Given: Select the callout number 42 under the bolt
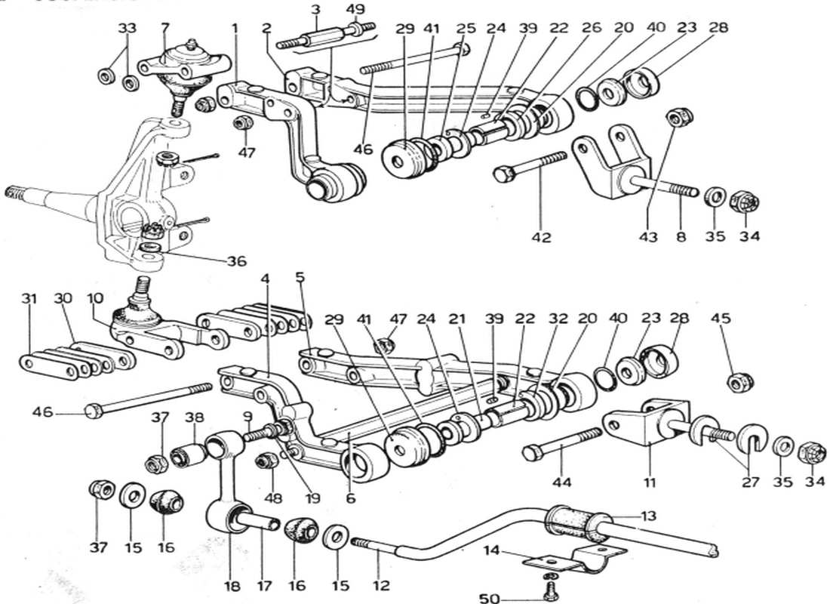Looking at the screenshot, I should point(541,237).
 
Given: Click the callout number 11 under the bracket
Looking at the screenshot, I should point(650,481).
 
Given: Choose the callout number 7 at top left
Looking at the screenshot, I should point(164,29).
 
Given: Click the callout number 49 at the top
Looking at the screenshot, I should point(355,9).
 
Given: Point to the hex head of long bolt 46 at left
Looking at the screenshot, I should point(91,411).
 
